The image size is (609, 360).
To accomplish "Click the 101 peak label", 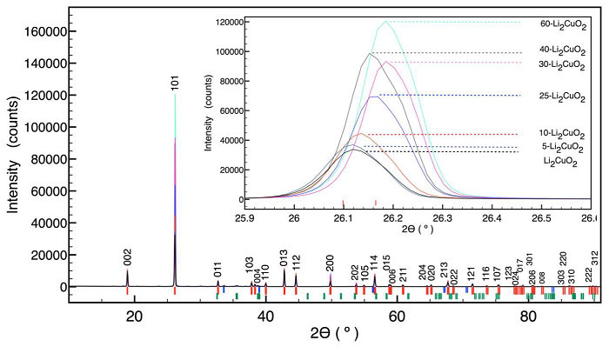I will pyautogui.click(x=175, y=83).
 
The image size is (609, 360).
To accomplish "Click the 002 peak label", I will pyautogui.click(x=127, y=257).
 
